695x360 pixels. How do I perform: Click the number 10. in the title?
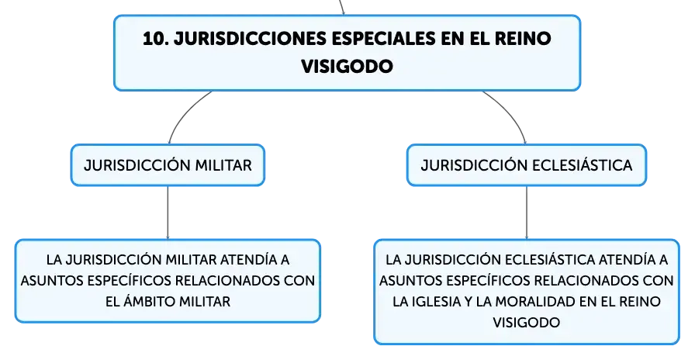(x=155, y=39)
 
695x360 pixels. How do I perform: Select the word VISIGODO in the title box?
(x=347, y=67)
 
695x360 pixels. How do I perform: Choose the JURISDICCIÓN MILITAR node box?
(x=168, y=165)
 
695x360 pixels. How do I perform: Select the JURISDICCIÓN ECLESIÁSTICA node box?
(x=527, y=165)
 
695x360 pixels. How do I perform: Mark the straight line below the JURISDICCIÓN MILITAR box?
(x=168, y=213)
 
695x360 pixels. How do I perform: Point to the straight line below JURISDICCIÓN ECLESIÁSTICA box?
(x=527, y=213)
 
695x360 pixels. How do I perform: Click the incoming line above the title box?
(x=341, y=7)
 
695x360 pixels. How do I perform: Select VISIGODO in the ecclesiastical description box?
(x=527, y=322)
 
